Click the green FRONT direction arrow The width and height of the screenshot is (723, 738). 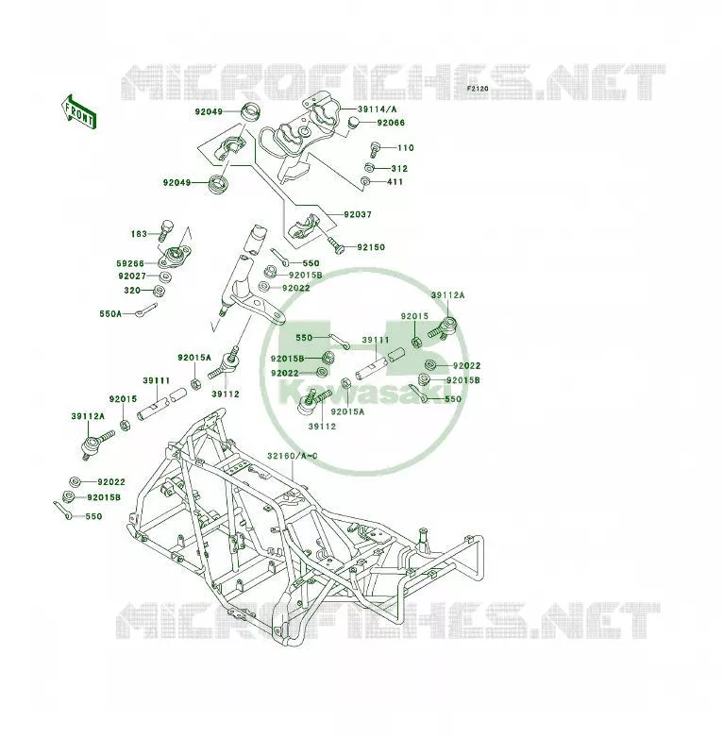[78, 112]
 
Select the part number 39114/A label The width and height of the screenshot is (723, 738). [377, 109]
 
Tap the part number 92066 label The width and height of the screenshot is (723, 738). [391, 123]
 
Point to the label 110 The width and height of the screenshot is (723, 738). [405, 148]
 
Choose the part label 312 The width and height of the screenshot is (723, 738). [399, 169]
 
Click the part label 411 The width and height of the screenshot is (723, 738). [395, 182]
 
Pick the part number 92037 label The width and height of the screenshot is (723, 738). [358, 214]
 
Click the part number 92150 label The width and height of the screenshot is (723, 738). [371, 247]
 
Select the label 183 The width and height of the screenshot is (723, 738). [139, 233]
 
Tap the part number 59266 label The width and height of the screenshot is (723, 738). [130, 263]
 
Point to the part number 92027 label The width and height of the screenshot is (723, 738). [132, 277]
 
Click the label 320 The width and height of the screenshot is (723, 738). [132, 291]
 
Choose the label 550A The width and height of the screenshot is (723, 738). [110, 313]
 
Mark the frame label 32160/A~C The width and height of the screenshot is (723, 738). [293, 456]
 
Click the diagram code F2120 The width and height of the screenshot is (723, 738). [478, 88]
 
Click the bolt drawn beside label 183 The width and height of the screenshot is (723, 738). [167, 229]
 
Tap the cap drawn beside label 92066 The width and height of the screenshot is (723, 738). [354, 123]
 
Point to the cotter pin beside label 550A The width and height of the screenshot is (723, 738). [146, 310]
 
